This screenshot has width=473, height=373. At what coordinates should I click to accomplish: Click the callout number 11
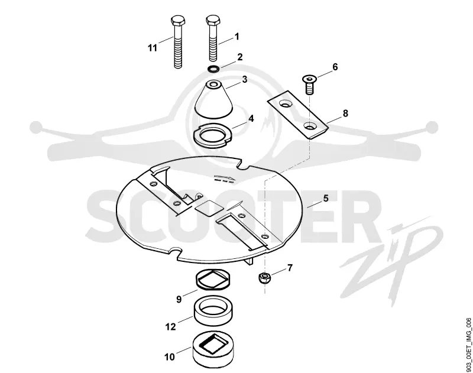tap(153, 48)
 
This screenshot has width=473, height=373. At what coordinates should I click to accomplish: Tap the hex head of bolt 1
tap(213, 20)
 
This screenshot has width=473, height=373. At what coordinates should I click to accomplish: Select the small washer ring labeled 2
tap(213, 69)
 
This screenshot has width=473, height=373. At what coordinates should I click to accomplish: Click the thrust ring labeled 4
tap(212, 134)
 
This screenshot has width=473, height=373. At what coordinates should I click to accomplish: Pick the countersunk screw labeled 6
tap(309, 85)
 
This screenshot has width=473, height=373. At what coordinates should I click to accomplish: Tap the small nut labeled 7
tap(264, 277)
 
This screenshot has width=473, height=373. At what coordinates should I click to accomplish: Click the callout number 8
tap(345, 113)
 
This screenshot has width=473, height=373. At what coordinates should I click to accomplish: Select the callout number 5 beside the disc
tap(326, 198)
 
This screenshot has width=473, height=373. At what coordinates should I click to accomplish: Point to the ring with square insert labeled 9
tap(213, 279)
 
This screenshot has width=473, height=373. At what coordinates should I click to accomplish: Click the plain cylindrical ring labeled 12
tap(213, 311)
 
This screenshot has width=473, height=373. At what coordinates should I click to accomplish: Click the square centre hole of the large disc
tap(209, 209)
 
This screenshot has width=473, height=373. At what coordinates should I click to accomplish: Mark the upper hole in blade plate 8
tap(286, 104)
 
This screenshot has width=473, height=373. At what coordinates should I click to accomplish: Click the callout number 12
tap(170, 326)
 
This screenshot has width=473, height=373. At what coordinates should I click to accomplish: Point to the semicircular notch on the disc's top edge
tap(244, 166)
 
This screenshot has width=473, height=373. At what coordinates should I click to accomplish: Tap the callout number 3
tap(245, 80)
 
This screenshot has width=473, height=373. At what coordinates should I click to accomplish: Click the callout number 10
tap(170, 356)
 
